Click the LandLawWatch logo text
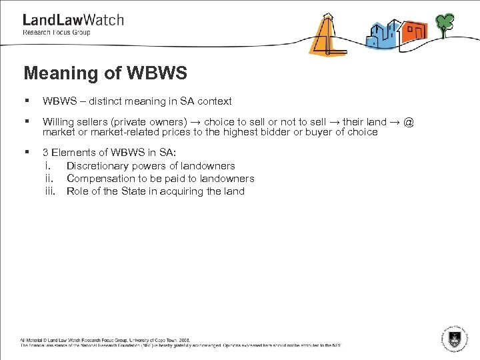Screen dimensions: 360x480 73,20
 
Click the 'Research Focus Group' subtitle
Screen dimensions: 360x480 57,32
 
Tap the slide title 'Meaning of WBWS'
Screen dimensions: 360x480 105,73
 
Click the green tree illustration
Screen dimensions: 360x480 445,23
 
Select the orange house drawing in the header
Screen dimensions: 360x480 414,31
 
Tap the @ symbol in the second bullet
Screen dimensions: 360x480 409,122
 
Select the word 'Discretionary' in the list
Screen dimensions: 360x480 97,166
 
